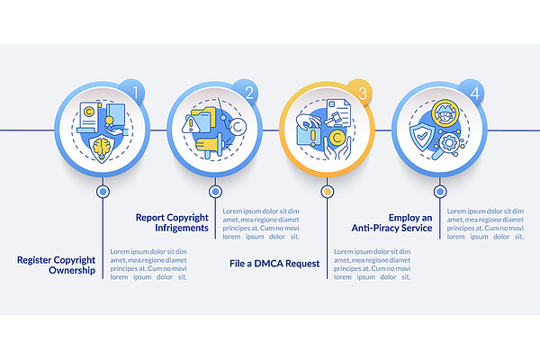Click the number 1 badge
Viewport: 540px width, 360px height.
[134, 92]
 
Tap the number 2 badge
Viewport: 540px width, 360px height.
[247, 92]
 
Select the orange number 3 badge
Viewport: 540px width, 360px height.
[361, 92]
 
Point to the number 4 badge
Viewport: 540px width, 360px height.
[473, 92]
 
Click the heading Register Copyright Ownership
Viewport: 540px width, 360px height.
[56, 265]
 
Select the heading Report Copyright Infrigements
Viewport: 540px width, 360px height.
[172, 222]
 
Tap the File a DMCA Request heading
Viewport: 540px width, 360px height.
[274, 264]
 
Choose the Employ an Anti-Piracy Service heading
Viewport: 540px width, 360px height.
[391, 222]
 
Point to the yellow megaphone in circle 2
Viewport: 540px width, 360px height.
[210, 147]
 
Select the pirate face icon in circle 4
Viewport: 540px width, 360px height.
[445, 113]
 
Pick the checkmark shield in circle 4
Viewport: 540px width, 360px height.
[421, 137]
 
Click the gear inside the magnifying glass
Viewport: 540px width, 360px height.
[449, 142]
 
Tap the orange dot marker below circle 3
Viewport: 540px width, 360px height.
[328, 192]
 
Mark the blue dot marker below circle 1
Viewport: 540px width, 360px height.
[103, 192]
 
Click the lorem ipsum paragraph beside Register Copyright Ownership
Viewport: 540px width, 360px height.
[148, 265]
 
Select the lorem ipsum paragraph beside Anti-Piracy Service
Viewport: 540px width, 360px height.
[485, 224]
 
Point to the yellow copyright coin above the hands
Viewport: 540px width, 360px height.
[337, 138]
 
